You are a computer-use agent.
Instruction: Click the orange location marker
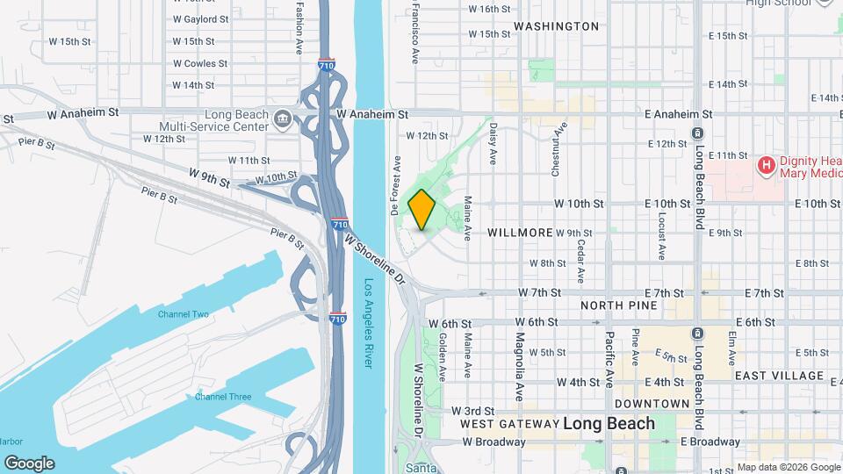(x=422, y=210)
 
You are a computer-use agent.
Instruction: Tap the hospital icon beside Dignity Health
(x=767, y=164)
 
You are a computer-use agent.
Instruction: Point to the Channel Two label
(x=184, y=314)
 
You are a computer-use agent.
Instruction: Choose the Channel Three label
(x=223, y=397)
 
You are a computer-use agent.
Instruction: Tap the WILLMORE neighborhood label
(x=521, y=233)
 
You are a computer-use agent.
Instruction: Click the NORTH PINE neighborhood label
(x=618, y=305)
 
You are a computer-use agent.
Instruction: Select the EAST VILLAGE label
(x=779, y=376)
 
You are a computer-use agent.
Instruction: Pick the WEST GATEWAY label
(x=509, y=424)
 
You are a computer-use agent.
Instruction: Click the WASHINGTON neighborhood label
(x=556, y=26)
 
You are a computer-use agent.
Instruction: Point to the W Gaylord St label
(x=200, y=18)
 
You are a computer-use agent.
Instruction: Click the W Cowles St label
(x=200, y=63)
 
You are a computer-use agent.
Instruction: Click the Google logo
(x=29, y=463)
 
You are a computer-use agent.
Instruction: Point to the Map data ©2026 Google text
(x=787, y=467)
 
